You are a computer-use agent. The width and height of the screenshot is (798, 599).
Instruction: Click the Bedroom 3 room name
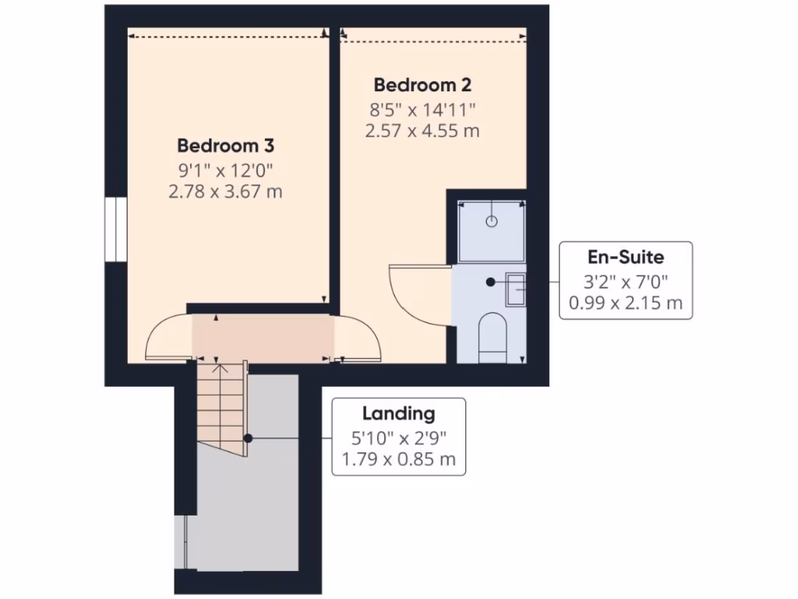(x=225, y=145)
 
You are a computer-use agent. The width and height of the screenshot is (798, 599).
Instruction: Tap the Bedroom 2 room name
(x=422, y=84)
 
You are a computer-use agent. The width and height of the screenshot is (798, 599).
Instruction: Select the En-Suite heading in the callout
(x=626, y=257)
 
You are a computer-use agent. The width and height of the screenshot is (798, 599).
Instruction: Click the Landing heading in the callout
(x=398, y=413)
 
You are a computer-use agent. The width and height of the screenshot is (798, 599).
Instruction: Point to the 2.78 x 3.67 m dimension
(x=225, y=190)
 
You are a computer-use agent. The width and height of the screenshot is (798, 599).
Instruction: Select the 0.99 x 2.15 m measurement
(x=626, y=303)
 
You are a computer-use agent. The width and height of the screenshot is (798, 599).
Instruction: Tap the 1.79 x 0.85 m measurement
(x=398, y=459)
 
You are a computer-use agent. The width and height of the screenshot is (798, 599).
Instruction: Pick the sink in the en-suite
(x=515, y=289)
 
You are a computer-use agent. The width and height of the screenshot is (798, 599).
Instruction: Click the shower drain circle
(x=491, y=222)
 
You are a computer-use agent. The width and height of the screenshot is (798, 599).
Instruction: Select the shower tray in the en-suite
(x=491, y=231)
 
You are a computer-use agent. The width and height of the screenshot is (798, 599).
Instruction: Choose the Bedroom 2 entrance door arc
(x=358, y=339)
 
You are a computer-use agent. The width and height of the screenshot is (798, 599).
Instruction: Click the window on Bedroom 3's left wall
(x=115, y=229)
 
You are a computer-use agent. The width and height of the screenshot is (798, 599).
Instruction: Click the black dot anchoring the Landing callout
(x=247, y=438)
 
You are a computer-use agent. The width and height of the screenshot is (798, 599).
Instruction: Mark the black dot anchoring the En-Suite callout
(x=490, y=282)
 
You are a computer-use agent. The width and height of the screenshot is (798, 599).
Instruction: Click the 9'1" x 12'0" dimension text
(x=225, y=168)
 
